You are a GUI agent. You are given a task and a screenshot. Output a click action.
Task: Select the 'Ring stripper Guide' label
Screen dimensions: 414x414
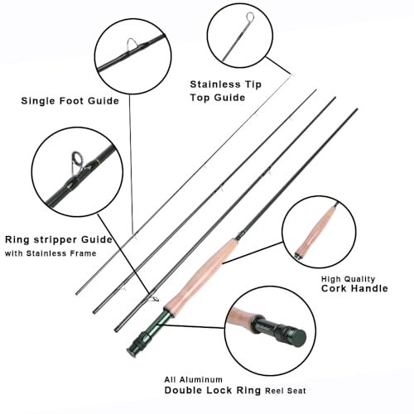tap(70, 239)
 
